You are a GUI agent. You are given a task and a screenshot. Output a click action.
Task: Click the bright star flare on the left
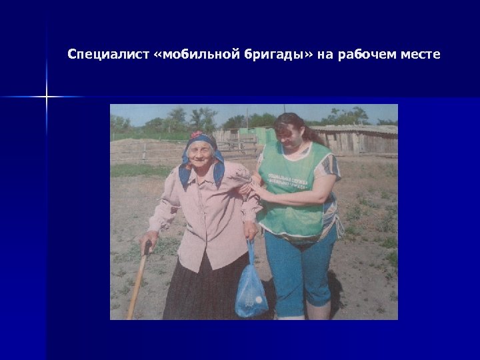(x=47, y=97)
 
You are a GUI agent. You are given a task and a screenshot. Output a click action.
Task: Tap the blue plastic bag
(x=251, y=291)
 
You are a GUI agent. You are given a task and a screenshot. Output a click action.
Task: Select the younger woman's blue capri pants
(x=300, y=273)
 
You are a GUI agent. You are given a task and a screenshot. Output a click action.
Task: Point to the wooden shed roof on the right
(x=360, y=129)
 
